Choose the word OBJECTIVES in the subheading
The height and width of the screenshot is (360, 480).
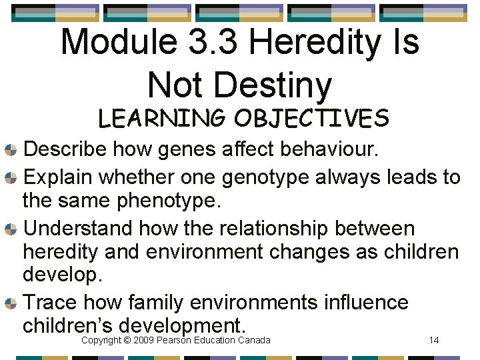click(311, 119)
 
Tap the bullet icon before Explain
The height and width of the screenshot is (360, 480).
click(11, 178)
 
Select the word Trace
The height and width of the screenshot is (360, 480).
click(52, 303)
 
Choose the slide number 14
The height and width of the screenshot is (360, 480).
click(433, 341)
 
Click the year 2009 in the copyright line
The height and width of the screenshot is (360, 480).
click(144, 341)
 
